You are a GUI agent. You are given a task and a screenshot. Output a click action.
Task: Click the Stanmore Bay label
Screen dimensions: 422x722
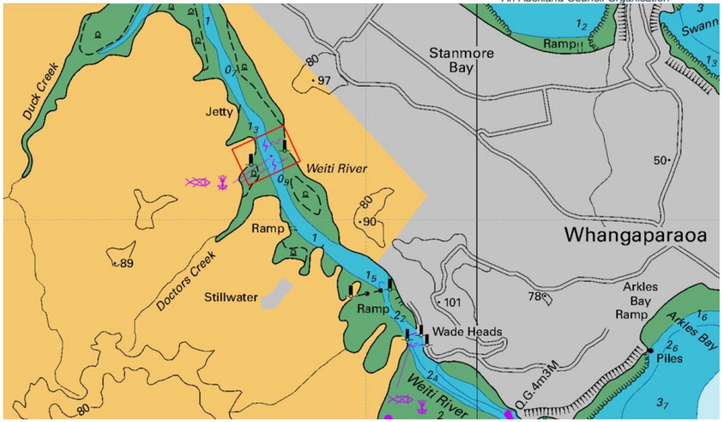(461, 60)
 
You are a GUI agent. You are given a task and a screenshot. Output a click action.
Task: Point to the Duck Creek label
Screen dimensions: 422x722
(40, 91)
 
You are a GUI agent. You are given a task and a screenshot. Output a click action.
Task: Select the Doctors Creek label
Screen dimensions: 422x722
(186, 281)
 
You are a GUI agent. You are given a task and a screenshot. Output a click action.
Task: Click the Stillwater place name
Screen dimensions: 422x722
(230, 297)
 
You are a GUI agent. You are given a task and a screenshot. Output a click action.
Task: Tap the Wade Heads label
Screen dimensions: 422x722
(467, 332)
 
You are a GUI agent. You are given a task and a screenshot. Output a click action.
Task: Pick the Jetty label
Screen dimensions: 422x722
(219, 112)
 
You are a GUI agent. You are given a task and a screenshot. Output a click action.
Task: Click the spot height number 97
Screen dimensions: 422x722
(324, 80)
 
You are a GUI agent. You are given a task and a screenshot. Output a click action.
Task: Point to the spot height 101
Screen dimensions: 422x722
(452, 303)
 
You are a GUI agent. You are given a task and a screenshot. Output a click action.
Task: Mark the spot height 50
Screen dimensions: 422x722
(660, 160)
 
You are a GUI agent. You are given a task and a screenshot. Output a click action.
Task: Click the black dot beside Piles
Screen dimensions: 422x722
(651, 350)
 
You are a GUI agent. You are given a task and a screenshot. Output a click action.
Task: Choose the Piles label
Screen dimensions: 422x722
(669, 359)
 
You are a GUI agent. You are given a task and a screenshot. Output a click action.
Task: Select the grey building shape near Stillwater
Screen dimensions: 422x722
(277, 294)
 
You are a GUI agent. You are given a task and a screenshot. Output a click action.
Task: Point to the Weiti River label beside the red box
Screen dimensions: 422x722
(336, 168)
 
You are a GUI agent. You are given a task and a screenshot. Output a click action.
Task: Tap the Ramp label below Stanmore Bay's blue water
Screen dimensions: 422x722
(559, 44)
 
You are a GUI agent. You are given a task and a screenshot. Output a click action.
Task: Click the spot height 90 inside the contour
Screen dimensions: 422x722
(369, 222)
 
